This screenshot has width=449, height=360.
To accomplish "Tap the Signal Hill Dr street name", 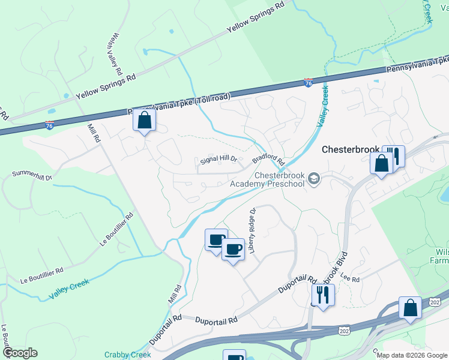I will (219, 161).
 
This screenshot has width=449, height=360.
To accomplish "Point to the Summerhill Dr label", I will (33, 176).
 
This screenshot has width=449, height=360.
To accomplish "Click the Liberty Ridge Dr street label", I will (253, 230).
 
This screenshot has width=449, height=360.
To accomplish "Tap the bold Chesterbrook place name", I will (351, 149).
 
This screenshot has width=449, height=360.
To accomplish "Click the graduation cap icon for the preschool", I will (313, 179).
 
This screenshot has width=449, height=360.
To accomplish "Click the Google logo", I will (19, 353).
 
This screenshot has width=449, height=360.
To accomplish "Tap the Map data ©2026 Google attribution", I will (412, 355).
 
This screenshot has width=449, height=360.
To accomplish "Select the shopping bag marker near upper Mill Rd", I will (144, 121).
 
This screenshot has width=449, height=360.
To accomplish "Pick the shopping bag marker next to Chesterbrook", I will (382, 163).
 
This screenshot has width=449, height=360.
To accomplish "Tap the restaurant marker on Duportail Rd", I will (323, 294).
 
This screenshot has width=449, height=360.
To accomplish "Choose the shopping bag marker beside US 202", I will (411, 308).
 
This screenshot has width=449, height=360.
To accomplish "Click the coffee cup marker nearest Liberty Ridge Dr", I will (234, 248).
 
